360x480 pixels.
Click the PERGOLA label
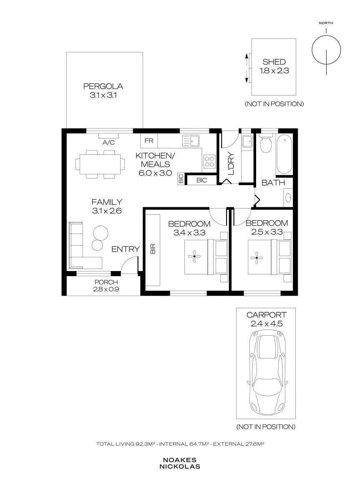(103, 86)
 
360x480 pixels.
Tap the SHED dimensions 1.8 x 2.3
(274, 71)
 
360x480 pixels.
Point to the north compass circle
(326, 50)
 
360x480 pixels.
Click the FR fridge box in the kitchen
(149, 141)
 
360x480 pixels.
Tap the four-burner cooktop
(209, 161)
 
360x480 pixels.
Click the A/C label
(108, 142)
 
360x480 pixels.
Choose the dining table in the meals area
(100, 164)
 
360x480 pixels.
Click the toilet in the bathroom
(266, 143)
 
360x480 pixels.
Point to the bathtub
(284, 154)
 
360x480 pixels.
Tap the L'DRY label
(231, 164)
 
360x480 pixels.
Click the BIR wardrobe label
(153, 249)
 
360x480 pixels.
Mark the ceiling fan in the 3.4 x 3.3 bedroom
(194, 257)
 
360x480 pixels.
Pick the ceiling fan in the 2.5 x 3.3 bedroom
(257, 258)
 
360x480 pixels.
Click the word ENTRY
(126, 249)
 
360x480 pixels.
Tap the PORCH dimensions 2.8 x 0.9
(106, 289)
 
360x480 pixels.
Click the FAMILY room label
(107, 202)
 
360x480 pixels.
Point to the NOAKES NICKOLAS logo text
(180, 463)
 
